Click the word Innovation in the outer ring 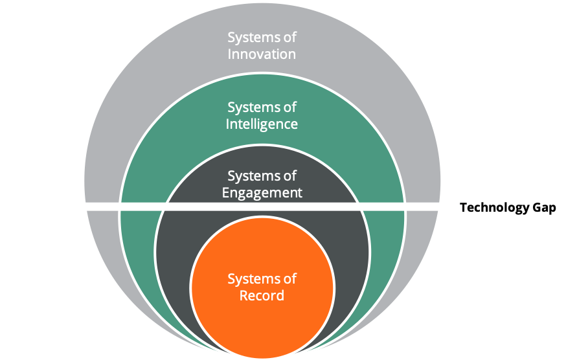coord(262,54)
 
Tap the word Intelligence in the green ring coord(262,123)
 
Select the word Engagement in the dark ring coord(262,192)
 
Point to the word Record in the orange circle coord(262,296)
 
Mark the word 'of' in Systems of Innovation coord(289,37)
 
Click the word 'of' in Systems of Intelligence coord(289,106)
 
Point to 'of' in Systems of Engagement coord(289,175)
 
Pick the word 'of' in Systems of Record coord(289,279)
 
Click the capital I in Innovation coord(230,54)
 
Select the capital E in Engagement coord(226,192)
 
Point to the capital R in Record coord(244,296)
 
